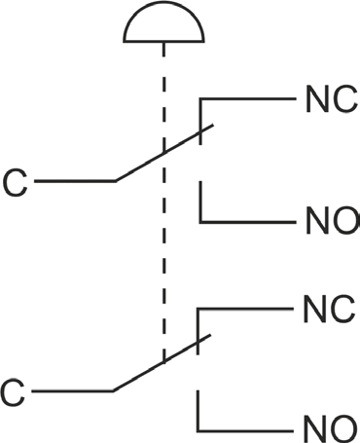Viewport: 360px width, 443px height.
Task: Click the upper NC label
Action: [332, 99]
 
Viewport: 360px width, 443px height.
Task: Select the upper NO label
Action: [332, 221]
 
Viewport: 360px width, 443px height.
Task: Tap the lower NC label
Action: [329, 309]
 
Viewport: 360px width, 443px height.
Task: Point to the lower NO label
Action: [330, 428]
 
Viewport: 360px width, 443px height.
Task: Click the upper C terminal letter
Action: [15, 183]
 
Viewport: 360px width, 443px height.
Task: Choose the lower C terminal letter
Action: [13, 391]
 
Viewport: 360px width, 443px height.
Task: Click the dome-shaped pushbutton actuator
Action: [163, 22]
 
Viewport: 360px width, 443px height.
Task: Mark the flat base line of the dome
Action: [163, 41]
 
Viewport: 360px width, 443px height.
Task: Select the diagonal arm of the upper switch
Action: [164, 153]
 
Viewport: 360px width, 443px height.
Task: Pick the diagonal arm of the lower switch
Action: [162, 363]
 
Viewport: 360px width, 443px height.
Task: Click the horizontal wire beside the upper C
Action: [75, 181]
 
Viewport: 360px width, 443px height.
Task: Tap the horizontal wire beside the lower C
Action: [72, 391]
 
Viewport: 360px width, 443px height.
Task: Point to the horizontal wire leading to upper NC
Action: [248, 98]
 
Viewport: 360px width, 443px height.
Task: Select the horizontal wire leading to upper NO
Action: [248, 222]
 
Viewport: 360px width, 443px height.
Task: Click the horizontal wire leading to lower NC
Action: [245, 309]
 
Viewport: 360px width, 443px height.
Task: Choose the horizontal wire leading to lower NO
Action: [245, 431]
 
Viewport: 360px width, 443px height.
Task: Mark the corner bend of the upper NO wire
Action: [201, 222]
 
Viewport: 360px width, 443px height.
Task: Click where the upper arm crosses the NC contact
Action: [201, 130]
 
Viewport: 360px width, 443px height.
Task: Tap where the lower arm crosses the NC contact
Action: [198, 342]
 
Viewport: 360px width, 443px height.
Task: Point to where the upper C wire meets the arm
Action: [116, 181]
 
